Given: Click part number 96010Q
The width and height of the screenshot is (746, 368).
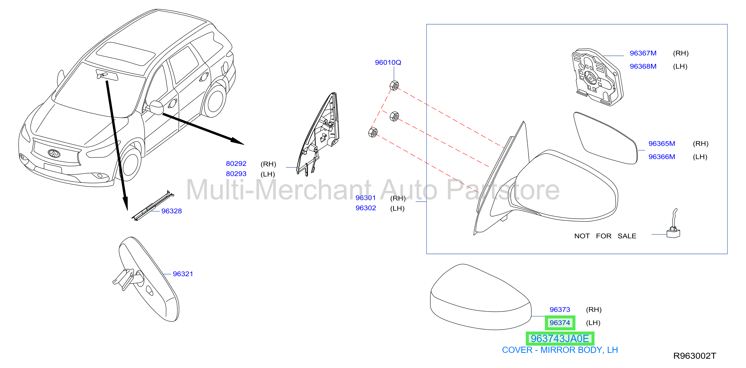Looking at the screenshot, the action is tap(388, 62).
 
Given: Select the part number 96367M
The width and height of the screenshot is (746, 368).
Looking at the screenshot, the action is tap(643, 53).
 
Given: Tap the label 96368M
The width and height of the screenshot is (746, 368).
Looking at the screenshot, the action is tap(643, 66).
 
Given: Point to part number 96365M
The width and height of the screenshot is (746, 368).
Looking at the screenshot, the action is tap(661, 144).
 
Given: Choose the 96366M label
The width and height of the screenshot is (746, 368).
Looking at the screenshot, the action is tap(661, 157).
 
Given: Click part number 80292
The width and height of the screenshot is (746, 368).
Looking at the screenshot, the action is tap(236, 164).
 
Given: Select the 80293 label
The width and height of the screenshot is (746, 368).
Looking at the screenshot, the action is tap(236, 174).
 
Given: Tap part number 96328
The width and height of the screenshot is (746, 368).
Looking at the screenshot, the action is tap(172, 211).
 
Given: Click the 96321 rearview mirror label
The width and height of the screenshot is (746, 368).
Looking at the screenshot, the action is tap(183, 274).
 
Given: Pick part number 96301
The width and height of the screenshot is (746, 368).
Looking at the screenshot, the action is tap(365, 198).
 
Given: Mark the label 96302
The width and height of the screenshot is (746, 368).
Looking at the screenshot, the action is tap(366, 208).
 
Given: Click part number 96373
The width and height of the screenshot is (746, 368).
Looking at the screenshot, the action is tap(560, 310).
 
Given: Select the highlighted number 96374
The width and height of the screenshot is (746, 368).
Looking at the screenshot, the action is tap(560, 323).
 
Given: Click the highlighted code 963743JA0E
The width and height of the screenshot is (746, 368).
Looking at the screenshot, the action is tap(560, 339).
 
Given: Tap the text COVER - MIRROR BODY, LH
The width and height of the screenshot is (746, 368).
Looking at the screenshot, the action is tap(560, 350).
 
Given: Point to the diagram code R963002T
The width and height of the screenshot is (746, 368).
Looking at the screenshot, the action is tap(694, 356).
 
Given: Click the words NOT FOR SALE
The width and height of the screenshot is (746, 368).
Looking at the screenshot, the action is tap(605, 236).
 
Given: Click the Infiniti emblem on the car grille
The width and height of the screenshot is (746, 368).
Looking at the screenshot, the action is tap(54, 153).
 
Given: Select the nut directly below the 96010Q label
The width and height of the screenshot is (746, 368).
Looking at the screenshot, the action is tap(394, 86).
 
